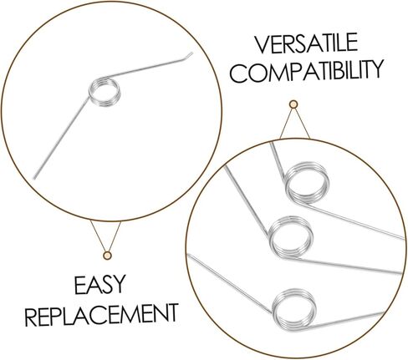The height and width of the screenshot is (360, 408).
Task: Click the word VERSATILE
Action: pos(307,43)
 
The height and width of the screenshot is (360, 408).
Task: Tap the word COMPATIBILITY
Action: pos(307,71)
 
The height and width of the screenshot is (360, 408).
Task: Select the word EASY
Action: pos(99,285)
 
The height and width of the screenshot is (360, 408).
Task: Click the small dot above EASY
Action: pos(107,255)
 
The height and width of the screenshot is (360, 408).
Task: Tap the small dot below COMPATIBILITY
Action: pos(293,104)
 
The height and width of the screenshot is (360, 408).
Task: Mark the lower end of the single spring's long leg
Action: pos(35,178)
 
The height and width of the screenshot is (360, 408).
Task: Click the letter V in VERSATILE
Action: pos(263,44)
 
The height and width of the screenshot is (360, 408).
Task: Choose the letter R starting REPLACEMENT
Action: pos(31,317)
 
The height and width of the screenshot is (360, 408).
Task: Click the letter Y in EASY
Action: pos(119,285)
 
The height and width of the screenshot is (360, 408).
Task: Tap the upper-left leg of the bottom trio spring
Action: pos(229,283)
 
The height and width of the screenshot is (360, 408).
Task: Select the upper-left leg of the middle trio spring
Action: pos(247,200)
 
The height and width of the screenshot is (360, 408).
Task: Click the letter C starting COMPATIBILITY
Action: pos(238,74)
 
